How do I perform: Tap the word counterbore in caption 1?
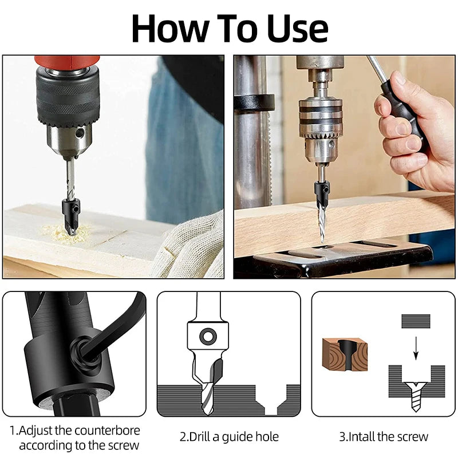pyautogui.click(x=105, y=430)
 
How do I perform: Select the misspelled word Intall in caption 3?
pyautogui.click(x=359, y=436)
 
